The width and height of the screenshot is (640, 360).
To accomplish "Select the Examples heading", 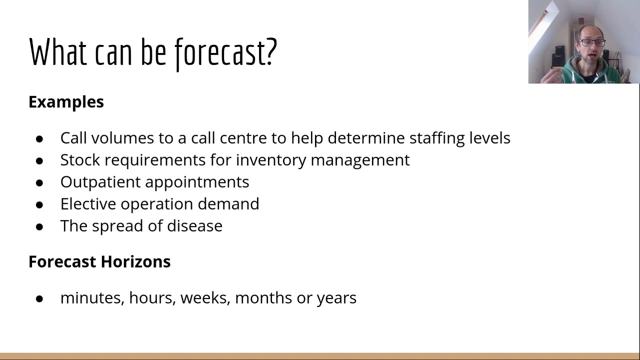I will point(66,102).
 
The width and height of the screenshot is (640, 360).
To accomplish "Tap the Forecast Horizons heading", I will point(99,261).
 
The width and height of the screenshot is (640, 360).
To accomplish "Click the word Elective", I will point(88,204).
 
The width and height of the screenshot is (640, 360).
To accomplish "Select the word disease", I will point(194,226).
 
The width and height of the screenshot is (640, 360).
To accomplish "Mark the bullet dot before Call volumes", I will point(39,138).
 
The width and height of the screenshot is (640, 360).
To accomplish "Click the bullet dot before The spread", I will point(39,226).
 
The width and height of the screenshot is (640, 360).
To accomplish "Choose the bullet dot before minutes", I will point(39,298).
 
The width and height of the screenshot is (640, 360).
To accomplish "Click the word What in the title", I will point(57,52).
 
